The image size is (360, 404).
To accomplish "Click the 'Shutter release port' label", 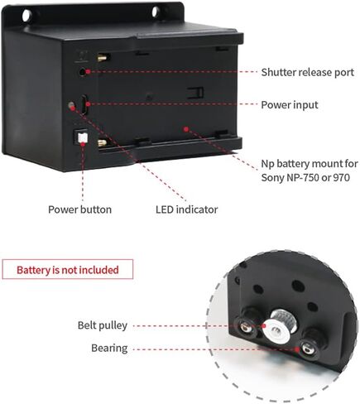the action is pyautogui.click(x=308, y=72).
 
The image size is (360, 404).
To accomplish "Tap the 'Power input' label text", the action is pyautogui.click(x=290, y=105).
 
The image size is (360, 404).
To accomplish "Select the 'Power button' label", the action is pyautogui.click(x=79, y=209).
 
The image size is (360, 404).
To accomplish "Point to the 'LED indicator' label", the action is pyautogui.click(x=187, y=209).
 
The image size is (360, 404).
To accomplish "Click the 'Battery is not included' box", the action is pyautogui.click(x=68, y=269).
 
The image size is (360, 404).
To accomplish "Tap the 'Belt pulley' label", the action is pyautogui.click(x=103, y=325).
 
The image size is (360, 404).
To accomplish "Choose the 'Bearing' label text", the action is pyautogui.click(x=109, y=349).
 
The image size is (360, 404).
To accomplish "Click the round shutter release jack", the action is pyautogui.click(x=82, y=72).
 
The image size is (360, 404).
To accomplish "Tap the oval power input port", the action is pyautogui.click(x=84, y=104).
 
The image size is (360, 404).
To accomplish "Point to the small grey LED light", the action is pyautogui.click(x=71, y=105).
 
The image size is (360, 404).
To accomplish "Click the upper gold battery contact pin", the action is pyautogui.click(x=102, y=58).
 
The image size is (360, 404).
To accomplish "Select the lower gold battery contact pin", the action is pyautogui.click(x=102, y=143).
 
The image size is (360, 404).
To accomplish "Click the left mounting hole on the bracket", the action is pyautogui.click(x=27, y=15).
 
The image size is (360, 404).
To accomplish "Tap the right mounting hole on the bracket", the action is pyautogui.click(x=156, y=12).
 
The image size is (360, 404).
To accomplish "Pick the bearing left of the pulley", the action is pyautogui.click(x=246, y=325).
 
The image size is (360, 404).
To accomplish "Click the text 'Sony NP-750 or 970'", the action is pyautogui.click(x=305, y=177).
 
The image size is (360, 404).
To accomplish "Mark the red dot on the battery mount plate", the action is pyautogui.click(x=186, y=129).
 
